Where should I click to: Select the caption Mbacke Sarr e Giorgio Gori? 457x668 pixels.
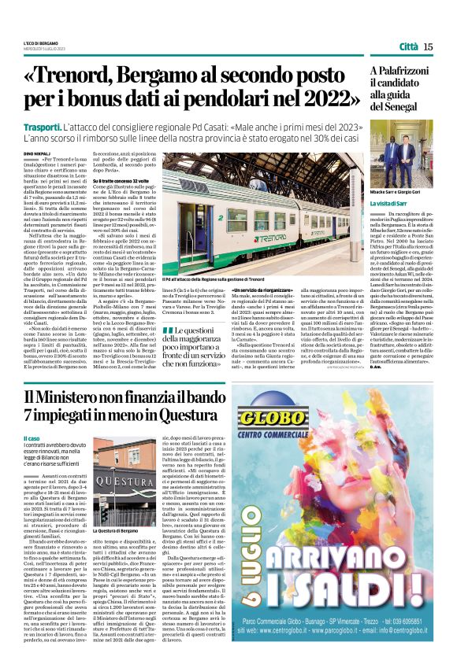pyautogui.click(x=396, y=191)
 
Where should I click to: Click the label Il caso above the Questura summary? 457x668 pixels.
pyautogui.click(x=32, y=437)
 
